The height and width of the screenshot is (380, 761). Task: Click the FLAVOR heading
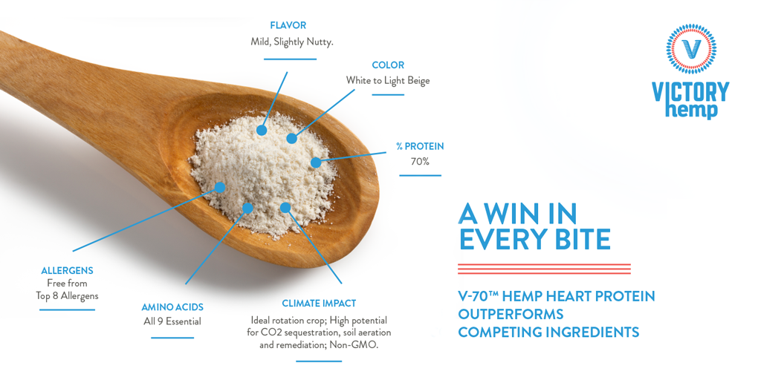(x=288, y=25)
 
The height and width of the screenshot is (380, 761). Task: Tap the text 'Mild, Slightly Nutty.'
(x=291, y=42)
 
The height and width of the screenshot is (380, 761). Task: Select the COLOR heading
(x=388, y=65)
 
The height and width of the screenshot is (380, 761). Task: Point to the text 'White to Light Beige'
(x=388, y=80)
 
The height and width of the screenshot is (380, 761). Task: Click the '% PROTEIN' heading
(x=420, y=146)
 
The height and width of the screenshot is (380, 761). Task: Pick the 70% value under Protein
(x=420, y=162)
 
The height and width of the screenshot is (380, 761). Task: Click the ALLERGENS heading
(x=67, y=270)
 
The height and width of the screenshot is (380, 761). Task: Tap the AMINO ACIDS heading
(x=172, y=307)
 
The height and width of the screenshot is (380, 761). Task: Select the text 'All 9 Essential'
(x=172, y=321)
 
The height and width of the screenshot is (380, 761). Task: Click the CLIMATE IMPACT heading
(x=319, y=304)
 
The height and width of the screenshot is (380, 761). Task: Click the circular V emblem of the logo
(x=691, y=49)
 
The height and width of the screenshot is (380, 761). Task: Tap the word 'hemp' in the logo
(x=697, y=109)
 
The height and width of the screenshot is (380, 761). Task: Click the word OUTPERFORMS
(x=511, y=314)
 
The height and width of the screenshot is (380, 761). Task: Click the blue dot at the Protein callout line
(x=316, y=163)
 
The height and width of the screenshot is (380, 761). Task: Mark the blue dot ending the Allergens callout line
(x=220, y=187)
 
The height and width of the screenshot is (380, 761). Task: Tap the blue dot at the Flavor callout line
(x=262, y=130)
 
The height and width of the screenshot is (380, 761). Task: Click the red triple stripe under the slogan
(x=545, y=269)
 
